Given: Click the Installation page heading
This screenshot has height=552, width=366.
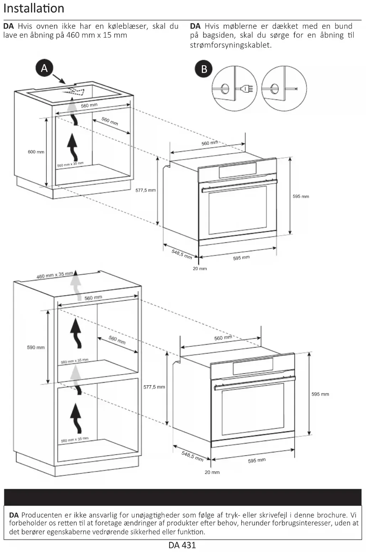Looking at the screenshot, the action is coord(34,9).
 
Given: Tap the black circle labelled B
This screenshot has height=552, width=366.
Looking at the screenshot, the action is coord(204,69).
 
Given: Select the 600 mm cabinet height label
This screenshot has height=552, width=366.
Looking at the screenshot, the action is coord(36,152).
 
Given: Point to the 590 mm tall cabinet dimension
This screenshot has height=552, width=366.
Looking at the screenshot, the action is coord(36,347).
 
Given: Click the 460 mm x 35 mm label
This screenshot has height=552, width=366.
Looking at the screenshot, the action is coord(54,275).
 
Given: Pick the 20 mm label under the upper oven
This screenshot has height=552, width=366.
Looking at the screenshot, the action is coord(200,269).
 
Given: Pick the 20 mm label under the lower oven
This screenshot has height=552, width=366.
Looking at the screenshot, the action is coord(212,473).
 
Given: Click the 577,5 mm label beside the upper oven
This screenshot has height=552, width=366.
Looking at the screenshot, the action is coord(146,190).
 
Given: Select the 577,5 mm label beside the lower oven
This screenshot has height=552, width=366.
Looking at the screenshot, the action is coord(154,387).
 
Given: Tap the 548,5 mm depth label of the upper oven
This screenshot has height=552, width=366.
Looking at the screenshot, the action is coord(182,254).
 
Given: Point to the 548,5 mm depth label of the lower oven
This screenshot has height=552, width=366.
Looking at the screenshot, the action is coord(192,456).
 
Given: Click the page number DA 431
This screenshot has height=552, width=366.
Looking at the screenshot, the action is coord(182,545).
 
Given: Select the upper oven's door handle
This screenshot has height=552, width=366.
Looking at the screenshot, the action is coord(239,186).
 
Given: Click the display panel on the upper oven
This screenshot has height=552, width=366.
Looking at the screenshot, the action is coord(237,170).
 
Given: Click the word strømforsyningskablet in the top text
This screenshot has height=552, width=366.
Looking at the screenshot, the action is coord(230,45).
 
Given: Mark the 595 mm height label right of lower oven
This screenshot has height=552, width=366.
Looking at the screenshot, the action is coord(320,394).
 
